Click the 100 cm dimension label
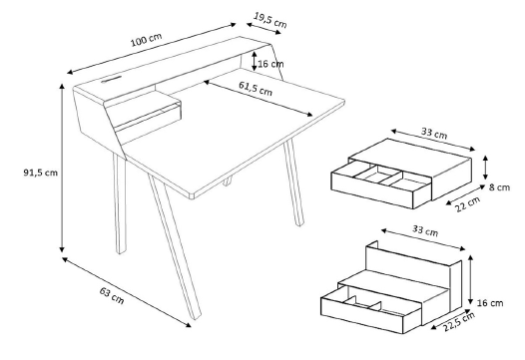click(x=146, y=40)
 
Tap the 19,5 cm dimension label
click(x=269, y=20)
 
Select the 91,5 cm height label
click(x=41, y=173)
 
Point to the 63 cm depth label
click(x=112, y=295)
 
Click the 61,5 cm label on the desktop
click(x=256, y=88)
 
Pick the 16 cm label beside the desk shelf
click(x=270, y=64)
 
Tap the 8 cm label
click(x=499, y=187)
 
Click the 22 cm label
click(x=468, y=203)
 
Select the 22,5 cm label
click(x=459, y=321)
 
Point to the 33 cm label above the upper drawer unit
click(x=434, y=133)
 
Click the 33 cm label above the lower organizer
click(x=425, y=230)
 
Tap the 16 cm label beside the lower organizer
click(x=490, y=303)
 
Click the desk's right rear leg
click(x=294, y=182)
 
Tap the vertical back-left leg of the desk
click(x=120, y=203)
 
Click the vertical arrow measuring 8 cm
click(x=485, y=168)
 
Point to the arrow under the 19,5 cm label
click(x=263, y=29)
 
